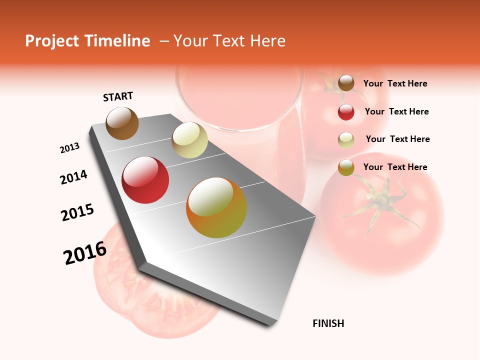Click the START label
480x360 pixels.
point(118,96)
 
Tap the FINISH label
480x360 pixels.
point(328,323)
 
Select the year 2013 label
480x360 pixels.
point(69,148)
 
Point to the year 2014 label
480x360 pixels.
point(73,177)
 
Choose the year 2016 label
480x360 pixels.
point(85,253)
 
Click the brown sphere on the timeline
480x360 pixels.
point(122,123)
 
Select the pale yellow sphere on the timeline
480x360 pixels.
point(189,140)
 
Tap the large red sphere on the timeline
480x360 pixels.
point(145,180)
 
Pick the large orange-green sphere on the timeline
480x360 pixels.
point(216,207)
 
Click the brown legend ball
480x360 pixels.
point(346,83)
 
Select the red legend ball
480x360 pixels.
point(346,111)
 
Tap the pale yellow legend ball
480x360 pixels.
point(346,139)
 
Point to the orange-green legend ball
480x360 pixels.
point(346,167)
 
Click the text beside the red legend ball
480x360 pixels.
point(396,111)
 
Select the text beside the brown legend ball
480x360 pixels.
point(395,83)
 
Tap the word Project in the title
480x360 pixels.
point(51,41)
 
